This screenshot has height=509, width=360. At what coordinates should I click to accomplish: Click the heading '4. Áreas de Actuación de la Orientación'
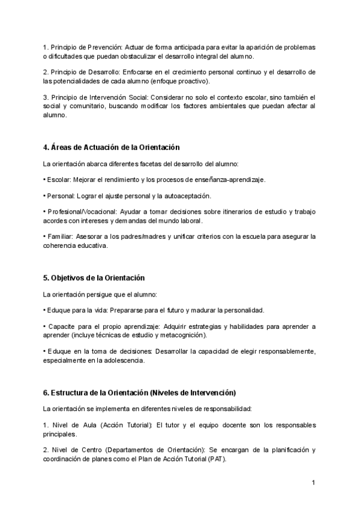[x=111, y=147]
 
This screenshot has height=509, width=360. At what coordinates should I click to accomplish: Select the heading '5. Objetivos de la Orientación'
[x=94, y=278]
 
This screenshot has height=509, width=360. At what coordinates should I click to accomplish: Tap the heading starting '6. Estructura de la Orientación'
[x=139, y=393]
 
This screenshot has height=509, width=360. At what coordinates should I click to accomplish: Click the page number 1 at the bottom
[x=313, y=483]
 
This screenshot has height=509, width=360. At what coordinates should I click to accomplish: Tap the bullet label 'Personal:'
[x=61, y=196]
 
